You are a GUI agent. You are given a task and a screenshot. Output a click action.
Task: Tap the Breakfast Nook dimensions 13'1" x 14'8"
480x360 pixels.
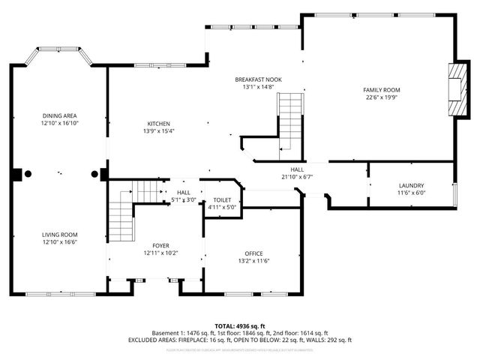point(258,87)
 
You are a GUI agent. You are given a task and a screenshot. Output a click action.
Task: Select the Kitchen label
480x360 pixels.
point(158,124)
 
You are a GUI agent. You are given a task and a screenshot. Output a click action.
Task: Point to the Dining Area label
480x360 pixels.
point(59,115)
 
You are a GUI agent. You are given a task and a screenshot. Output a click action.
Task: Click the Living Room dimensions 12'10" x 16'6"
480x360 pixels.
point(59,242)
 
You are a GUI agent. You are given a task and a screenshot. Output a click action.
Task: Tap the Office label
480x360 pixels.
point(253,253)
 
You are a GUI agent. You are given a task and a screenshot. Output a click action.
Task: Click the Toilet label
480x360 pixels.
point(222,199)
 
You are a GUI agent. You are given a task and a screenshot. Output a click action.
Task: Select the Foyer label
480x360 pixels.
point(160,246)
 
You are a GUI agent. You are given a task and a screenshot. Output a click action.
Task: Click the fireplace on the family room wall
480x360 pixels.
point(454,90)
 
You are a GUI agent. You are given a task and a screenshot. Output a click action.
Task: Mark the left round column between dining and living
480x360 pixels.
point(28,174)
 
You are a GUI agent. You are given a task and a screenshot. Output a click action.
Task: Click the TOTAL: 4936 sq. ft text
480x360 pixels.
point(239,325)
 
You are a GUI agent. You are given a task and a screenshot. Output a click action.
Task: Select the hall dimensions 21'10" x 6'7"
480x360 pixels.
point(296,177)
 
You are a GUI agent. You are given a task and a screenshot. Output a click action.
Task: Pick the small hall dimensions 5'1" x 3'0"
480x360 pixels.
point(184,200)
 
